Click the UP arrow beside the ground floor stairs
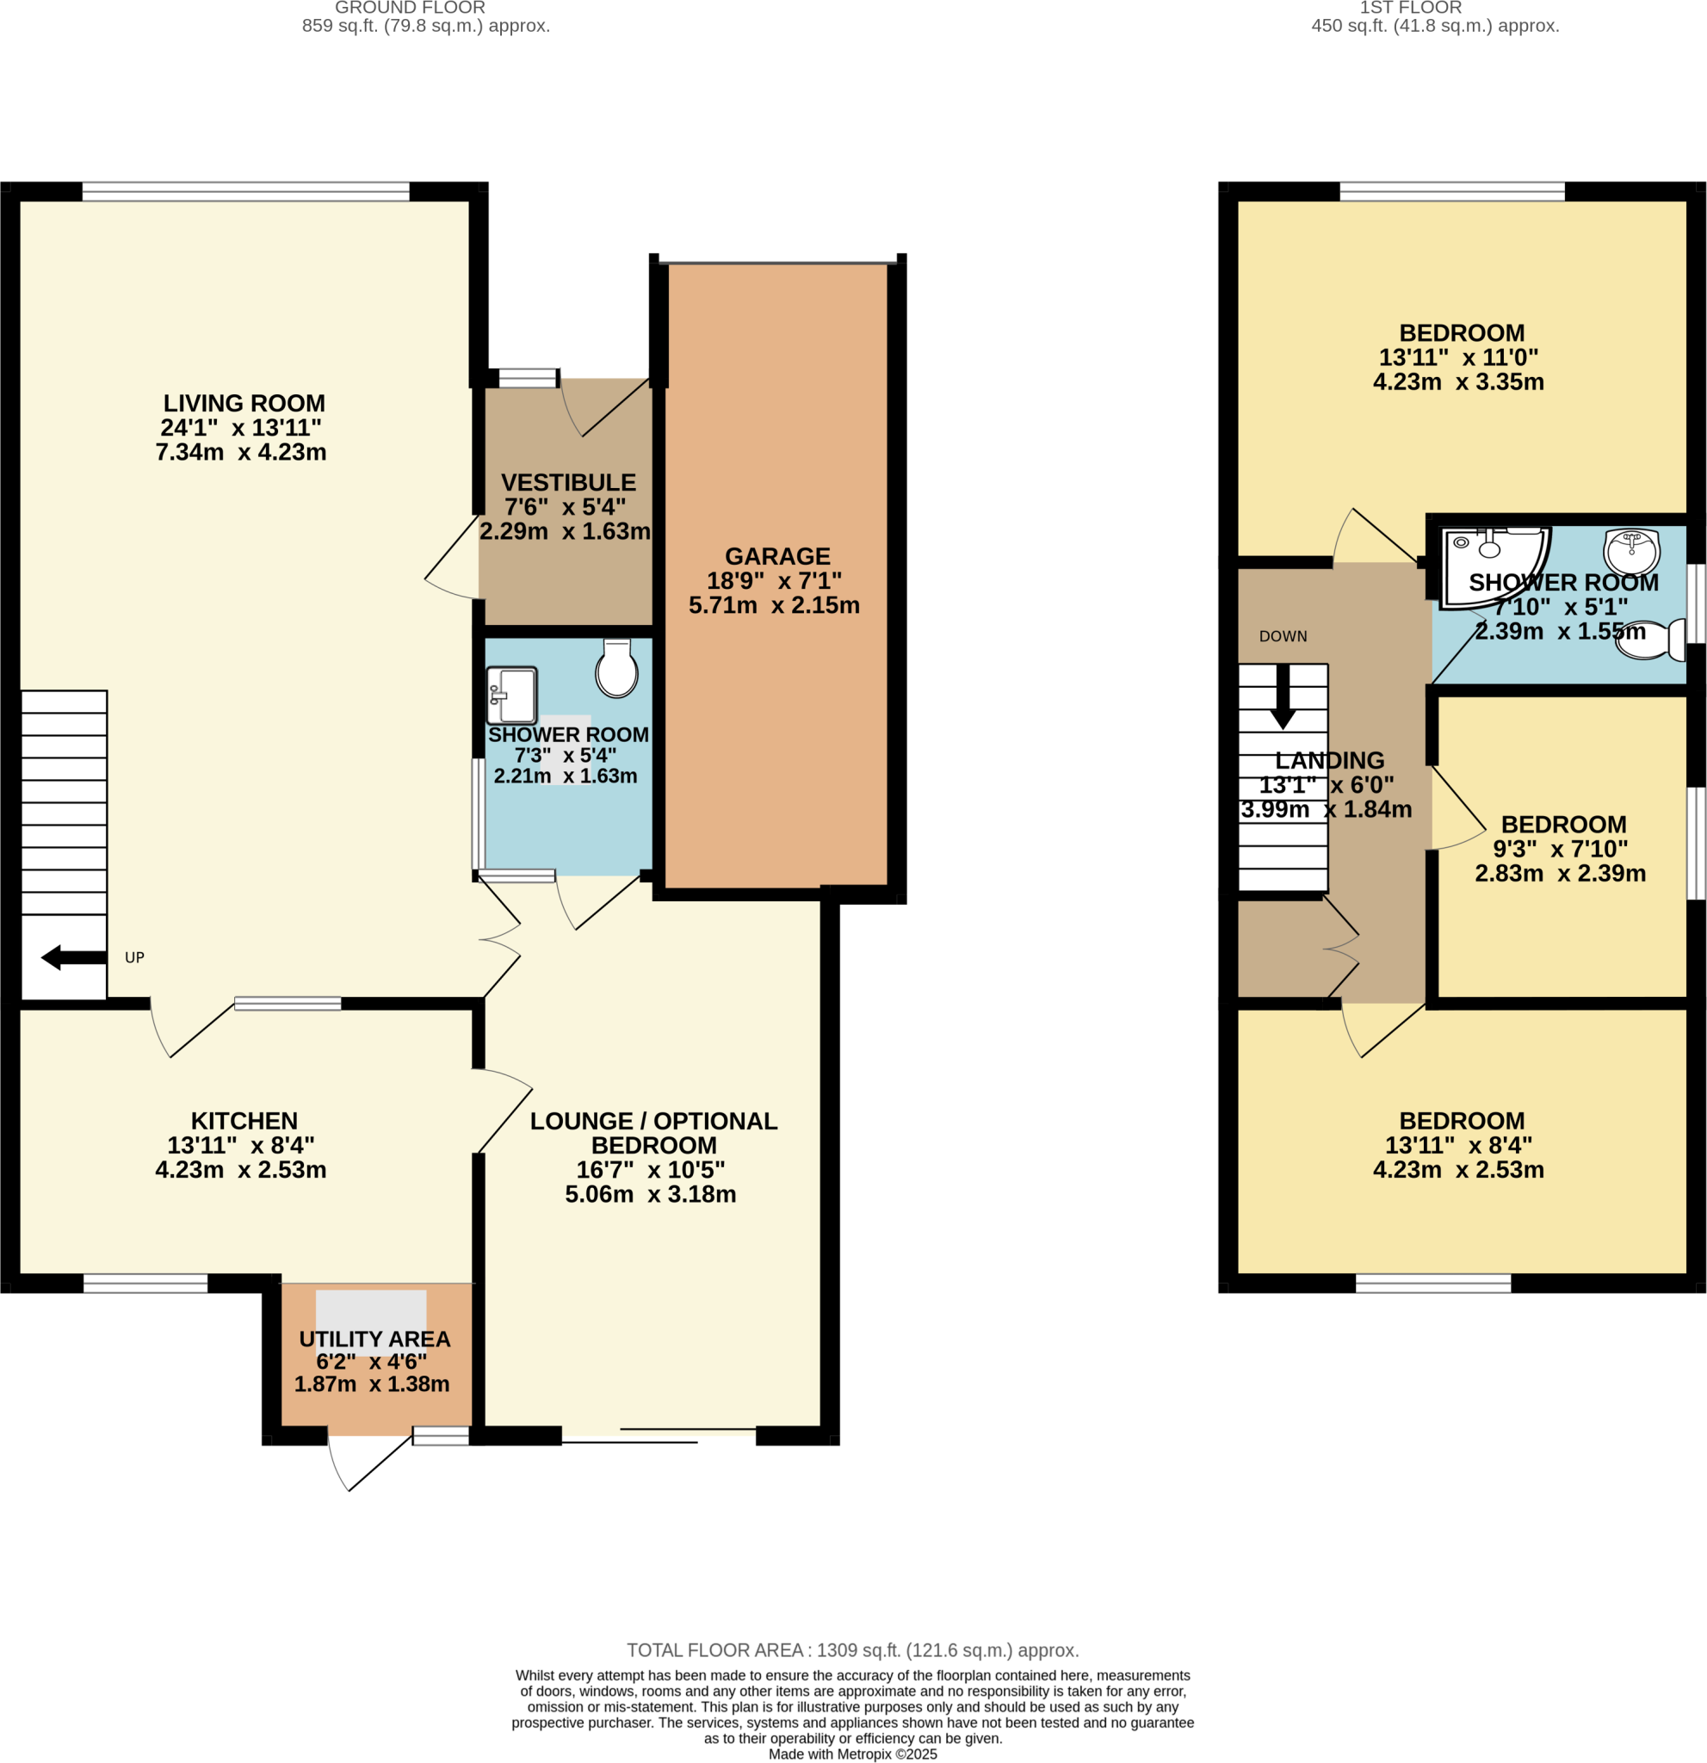74,957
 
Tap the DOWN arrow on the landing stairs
1283,697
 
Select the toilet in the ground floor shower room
617,668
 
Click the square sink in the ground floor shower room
511,695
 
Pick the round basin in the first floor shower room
1631,550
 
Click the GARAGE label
777,557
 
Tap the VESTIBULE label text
568,483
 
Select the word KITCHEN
244,1121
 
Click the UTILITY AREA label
375,1339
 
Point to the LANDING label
1329,761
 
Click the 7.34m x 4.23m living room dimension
241,453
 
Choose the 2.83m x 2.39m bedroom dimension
1561,874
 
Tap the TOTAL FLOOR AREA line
852,1650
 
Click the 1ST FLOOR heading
1410,8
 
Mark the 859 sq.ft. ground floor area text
425,26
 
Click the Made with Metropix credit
852,1754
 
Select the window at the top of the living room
245,192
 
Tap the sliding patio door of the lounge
659,1436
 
